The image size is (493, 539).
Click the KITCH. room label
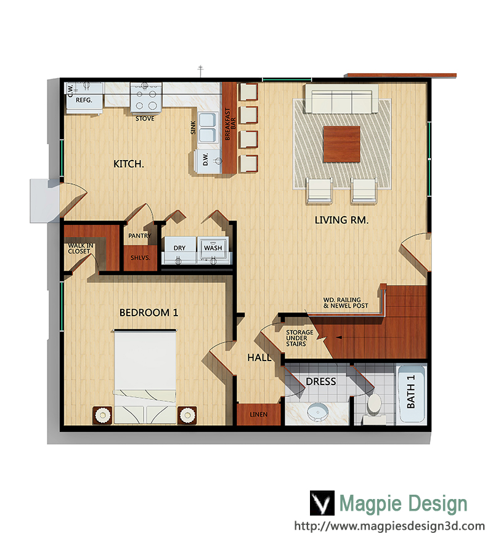(128, 164)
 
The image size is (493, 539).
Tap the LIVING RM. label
(341, 220)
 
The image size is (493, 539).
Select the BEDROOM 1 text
(149, 313)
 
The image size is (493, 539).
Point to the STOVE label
(145, 119)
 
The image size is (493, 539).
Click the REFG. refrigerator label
(84, 100)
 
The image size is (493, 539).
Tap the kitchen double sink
(208, 127)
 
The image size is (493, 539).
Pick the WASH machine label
(213, 248)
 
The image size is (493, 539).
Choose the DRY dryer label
(179, 248)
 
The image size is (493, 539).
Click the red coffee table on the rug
(341, 144)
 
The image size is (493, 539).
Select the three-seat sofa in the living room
(342, 99)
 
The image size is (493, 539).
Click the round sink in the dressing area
(318, 411)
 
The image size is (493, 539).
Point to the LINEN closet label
(259, 415)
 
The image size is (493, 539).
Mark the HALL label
(259, 358)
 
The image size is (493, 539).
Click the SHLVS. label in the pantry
(140, 258)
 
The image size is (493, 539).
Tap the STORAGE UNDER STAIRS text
(299, 338)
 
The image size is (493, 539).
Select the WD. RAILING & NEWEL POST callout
(345, 303)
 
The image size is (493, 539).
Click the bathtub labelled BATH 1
(412, 394)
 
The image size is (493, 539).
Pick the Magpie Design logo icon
(322, 503)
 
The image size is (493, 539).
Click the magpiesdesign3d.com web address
(389, 526)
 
